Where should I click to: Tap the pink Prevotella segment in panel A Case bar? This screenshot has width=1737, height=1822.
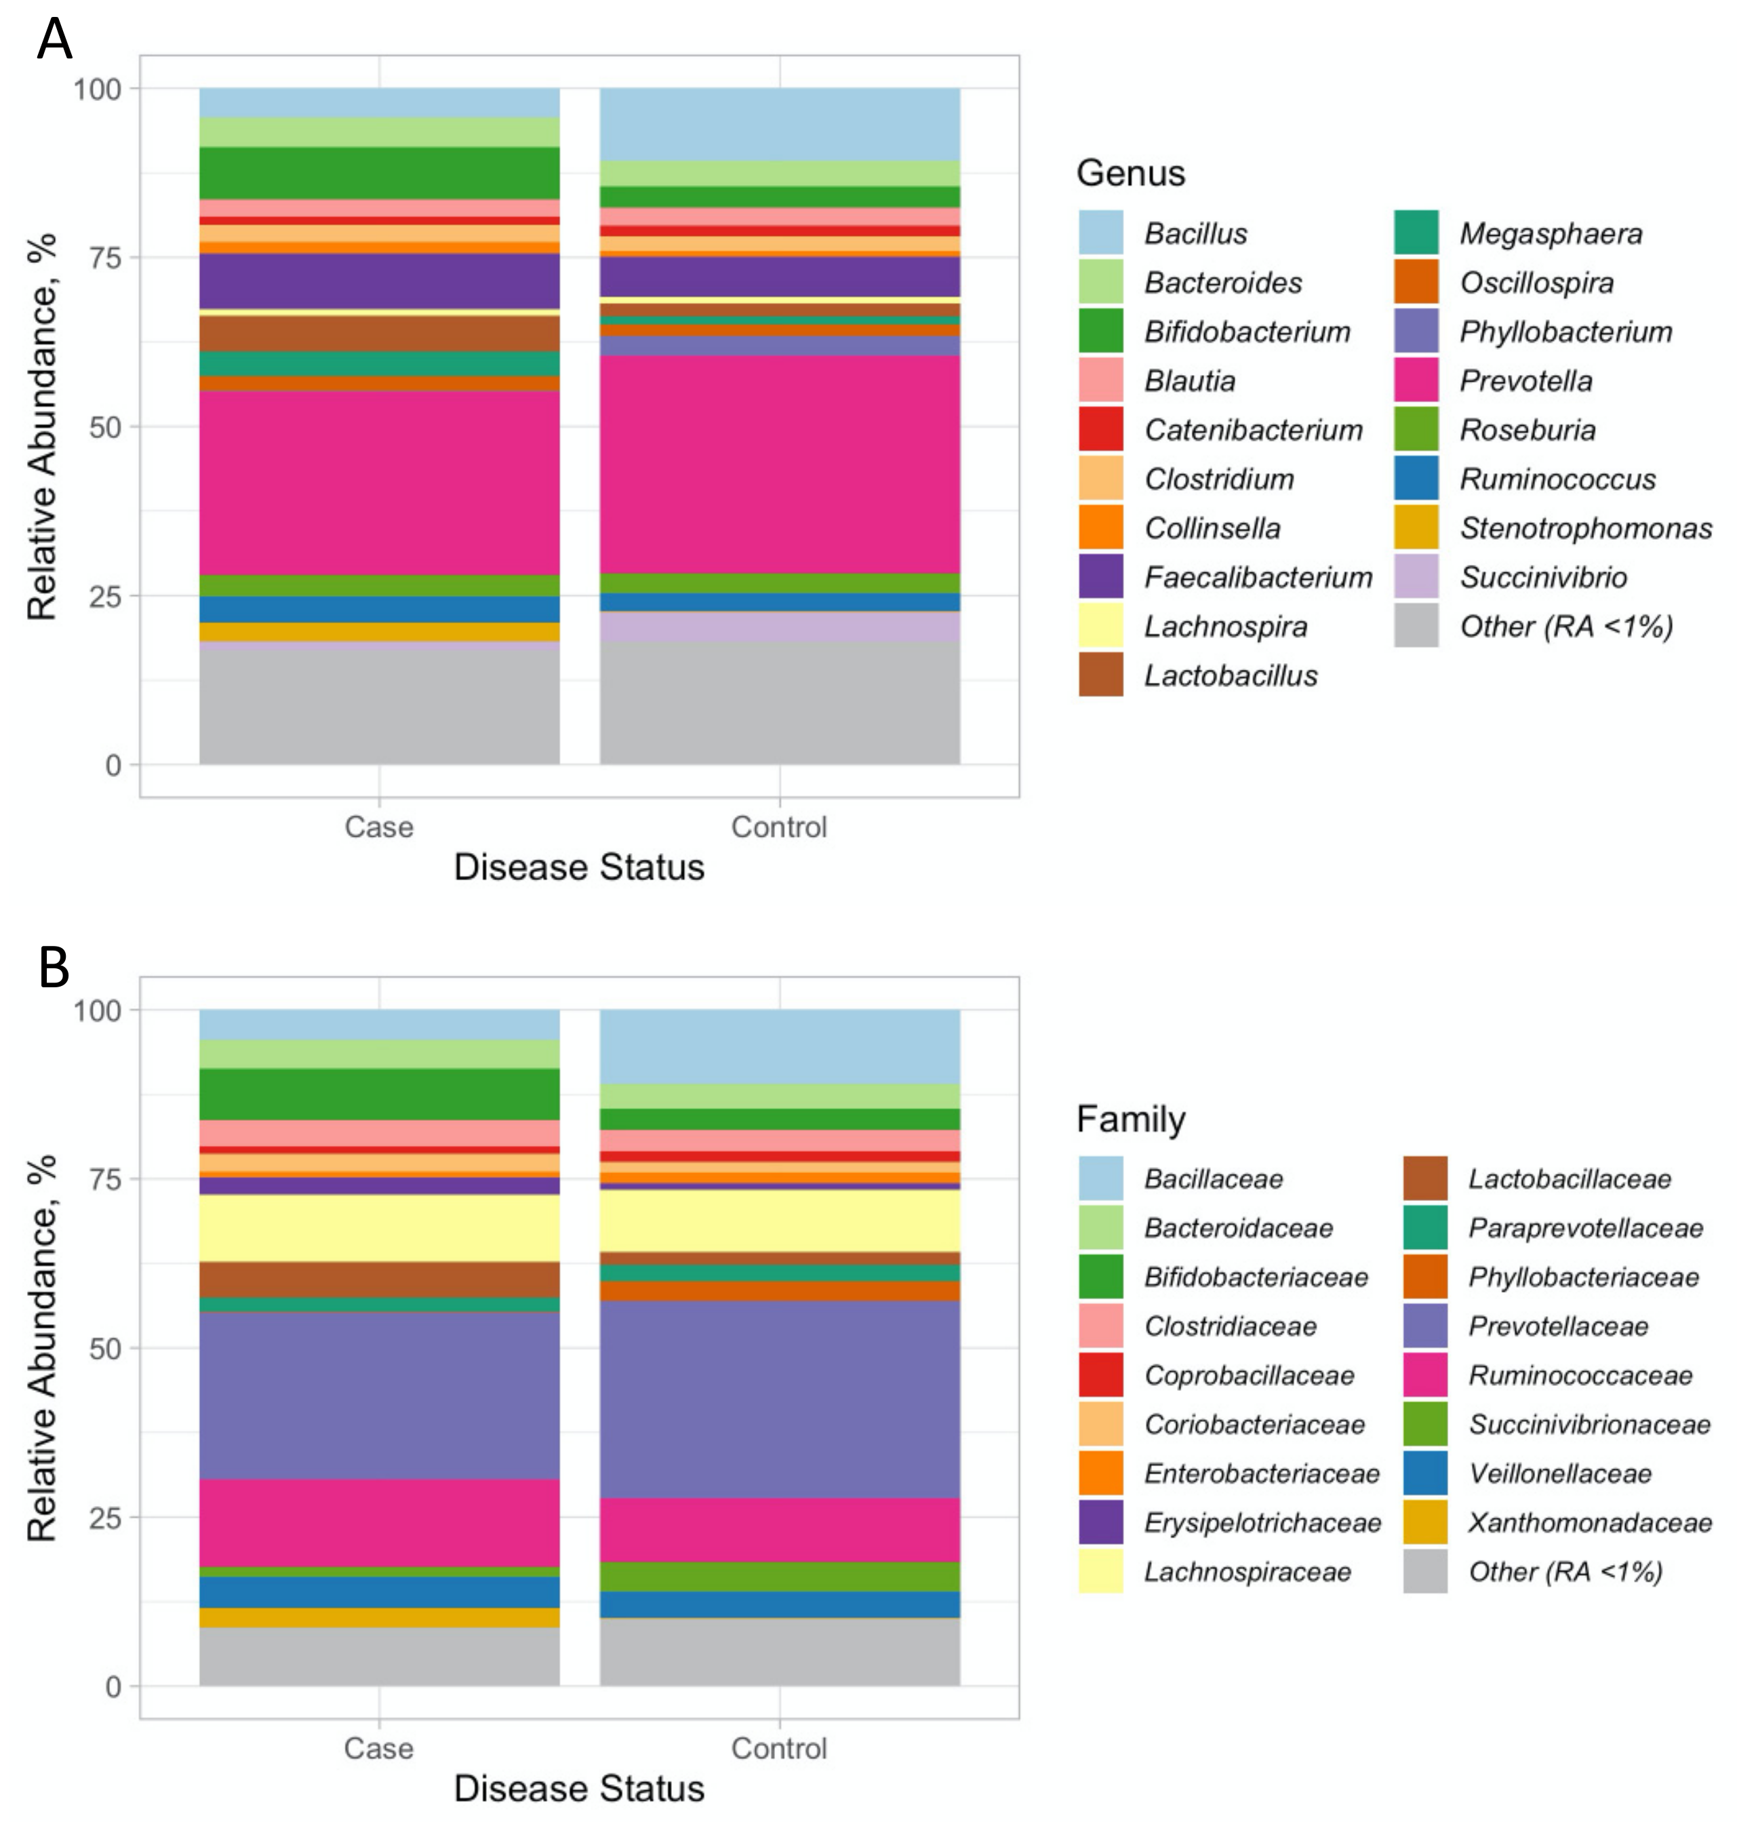(379, 481)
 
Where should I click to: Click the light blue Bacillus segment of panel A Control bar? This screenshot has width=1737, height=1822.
(780, 123)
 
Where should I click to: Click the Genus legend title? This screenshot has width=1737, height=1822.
(1130, 173)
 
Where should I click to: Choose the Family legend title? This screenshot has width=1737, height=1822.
(1130, 1120)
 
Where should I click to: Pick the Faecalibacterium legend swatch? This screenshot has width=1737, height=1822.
(1101, 577)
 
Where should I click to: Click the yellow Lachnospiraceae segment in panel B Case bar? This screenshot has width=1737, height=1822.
(379, 1227)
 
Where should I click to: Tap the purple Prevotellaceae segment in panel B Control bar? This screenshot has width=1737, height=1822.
(780, 1398)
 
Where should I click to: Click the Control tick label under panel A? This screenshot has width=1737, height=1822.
(779, 827)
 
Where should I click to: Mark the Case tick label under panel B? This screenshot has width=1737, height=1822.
(379, 1748)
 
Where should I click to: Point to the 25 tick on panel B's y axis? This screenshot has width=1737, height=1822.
(104, 1518)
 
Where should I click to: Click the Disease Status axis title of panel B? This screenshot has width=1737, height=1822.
(579, 1787)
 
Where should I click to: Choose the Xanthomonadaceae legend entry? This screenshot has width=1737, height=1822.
(1589, 1522)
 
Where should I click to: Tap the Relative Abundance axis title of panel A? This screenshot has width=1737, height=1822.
(41, 426)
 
